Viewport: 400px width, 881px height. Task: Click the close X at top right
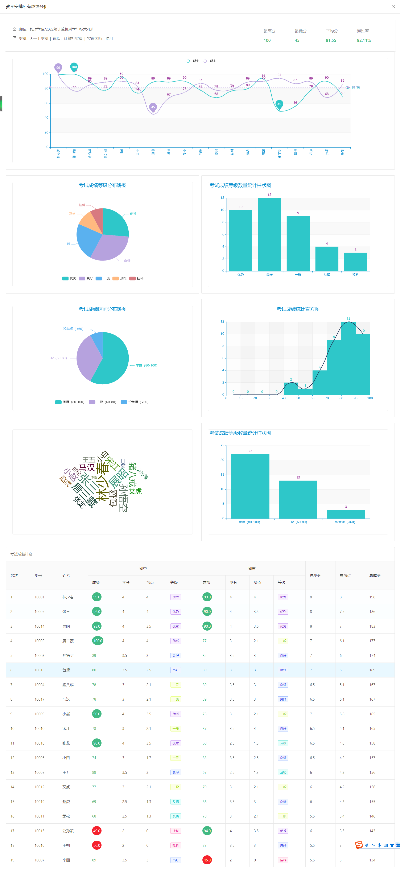click(x=393, y=7)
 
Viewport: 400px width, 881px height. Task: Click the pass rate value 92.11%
click(x=364, y=40)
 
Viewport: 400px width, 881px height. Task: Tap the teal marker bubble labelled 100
click(x=74, y=67)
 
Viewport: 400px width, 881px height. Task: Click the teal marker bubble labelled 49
click(x=279, y=104)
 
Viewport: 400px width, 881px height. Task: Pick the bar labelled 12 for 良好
click(x=269, y=234)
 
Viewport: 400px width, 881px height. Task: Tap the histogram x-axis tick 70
click(x=327, y=398)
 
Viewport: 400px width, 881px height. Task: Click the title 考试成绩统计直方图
click(x=298, y=309)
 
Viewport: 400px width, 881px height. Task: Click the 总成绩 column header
click(x=375, y=575)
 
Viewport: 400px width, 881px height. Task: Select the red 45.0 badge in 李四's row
click(x=207, y=860)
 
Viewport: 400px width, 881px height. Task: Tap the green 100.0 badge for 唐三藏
click(x=98, y=641)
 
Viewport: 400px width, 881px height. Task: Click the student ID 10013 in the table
click(x=39, y=670)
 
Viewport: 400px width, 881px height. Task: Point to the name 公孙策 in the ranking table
click(x=68, y=831)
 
